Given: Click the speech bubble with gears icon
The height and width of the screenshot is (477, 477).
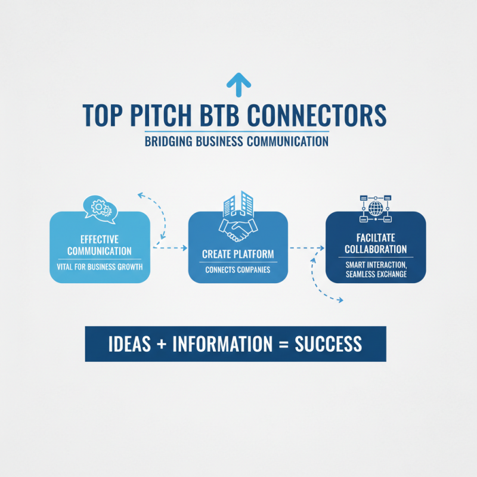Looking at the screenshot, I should [97, 207].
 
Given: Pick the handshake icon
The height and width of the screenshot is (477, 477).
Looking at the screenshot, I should [238, 228].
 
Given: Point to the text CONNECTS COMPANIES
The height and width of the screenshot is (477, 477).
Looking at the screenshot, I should [238, 270].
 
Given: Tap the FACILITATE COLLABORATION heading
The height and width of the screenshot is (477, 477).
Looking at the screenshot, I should [376, 243].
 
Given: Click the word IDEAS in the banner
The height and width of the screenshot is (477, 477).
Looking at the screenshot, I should [130, 344].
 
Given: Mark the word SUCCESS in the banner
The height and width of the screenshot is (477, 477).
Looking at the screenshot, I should [329, 344].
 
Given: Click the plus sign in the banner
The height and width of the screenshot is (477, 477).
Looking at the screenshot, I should [161, 345].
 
